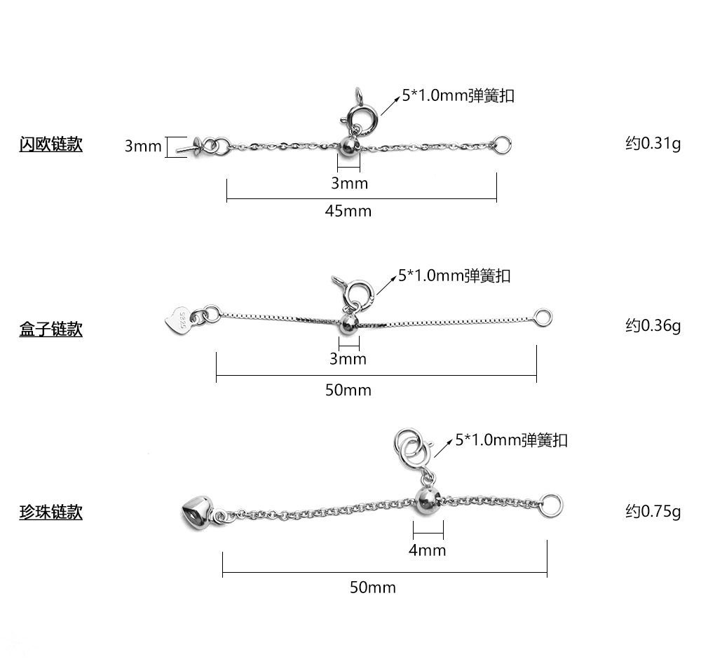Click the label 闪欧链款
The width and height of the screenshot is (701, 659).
[50, 144]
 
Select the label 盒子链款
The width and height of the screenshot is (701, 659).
[50, 329]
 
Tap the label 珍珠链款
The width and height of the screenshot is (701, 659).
[50, 512]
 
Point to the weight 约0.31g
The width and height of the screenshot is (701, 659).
[653, 144]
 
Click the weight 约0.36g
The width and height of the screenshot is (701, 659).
[653, 325]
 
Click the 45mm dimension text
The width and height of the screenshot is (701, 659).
[348, 211]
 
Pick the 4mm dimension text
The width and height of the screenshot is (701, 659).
[427, 550]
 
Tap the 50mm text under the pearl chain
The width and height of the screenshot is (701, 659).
[372, 587]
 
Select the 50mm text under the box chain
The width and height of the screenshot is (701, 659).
[348, 390]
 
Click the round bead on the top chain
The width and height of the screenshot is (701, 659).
[348, 147]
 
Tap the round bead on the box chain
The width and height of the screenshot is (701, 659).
[348, 324]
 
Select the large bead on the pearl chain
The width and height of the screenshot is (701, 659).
[427, 499]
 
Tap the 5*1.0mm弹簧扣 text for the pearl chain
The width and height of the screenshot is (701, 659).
[511, 440]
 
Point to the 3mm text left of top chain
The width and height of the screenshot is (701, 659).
[143, 147]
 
